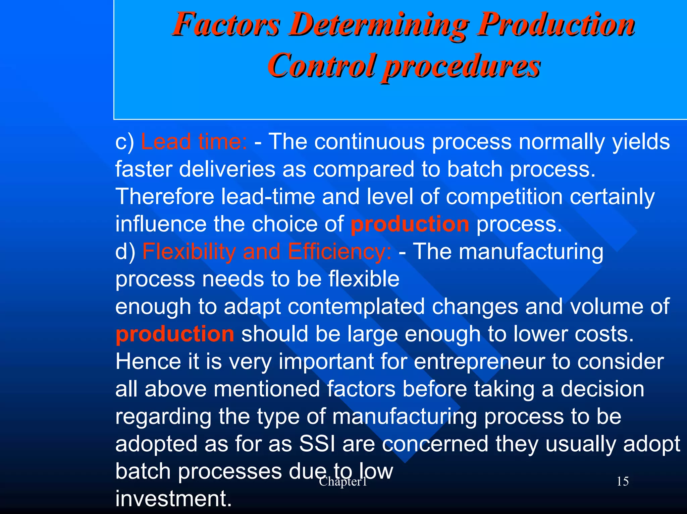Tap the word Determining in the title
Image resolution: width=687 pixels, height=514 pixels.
pyautogui.click(x=378, y=25)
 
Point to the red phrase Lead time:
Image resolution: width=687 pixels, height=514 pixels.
pyautogui.click(x=194, y=141)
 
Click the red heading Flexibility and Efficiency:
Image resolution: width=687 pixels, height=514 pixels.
pyautogui.click(x=267, y=252)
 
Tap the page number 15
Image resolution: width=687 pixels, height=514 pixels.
pyautogui.click(x=623, y=481)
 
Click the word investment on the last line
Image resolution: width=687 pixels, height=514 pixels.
pyautogui.click(x=173, y=499)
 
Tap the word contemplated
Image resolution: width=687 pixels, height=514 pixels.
pyautogui.click(x=356, y=307)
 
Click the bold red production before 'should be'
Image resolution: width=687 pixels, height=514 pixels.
pyautogui.click(x=175, y=334)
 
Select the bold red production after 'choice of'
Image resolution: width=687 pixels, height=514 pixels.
pyautogui.click(x=410, y=224)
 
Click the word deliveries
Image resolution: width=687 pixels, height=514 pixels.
pyautogui.click(x=227, y=169)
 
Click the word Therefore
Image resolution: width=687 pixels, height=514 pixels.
pyautogui.click(x=165, y=197)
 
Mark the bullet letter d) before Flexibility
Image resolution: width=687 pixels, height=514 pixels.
pyautogui.click(x=125, y=252)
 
